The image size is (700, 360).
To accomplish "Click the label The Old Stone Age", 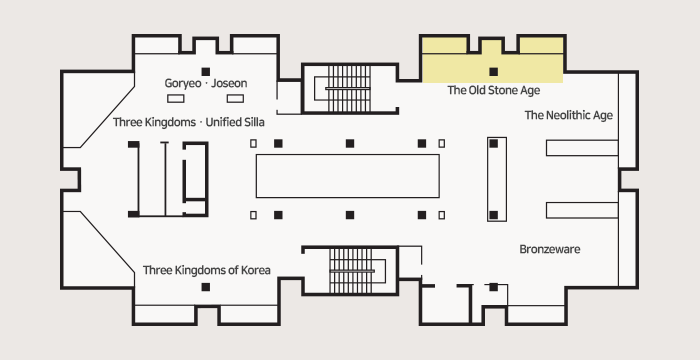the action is click(x=493, y=90).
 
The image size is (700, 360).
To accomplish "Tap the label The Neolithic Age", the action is click(x=568, y=115).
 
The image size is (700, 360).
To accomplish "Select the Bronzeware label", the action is click(x=550, y=249).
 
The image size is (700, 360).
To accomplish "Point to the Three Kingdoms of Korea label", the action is click(x=207, y=270).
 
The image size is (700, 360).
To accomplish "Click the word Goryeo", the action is click(x=183, y=84).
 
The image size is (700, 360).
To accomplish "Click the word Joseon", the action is click(x=229, y=84).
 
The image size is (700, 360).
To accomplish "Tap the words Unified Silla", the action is click(x=235, y=122).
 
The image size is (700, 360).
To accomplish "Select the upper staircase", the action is click(x=349, y=88).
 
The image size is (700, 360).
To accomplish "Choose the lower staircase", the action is click(x=351, y=271).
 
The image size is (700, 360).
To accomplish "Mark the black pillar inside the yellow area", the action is click(x=493, y=71).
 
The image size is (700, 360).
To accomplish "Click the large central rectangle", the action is click(x=347, y=176).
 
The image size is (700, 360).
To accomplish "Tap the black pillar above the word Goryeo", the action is click(x=205, y=71).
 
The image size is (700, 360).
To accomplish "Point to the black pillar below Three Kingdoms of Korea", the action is click(x=205, y=287).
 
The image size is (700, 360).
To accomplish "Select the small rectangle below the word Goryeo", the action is click(x=175, y=99).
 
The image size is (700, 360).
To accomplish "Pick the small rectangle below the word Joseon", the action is click(x=235, y=99).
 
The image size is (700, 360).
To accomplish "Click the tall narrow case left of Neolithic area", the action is click(x=497, y=179).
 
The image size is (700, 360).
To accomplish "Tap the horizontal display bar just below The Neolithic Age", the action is click(x=582, y=148).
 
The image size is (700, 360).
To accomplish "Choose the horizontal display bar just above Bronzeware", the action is click(x=582, y=210).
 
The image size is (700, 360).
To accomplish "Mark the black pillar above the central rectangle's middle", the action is click(x=350, y=143).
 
